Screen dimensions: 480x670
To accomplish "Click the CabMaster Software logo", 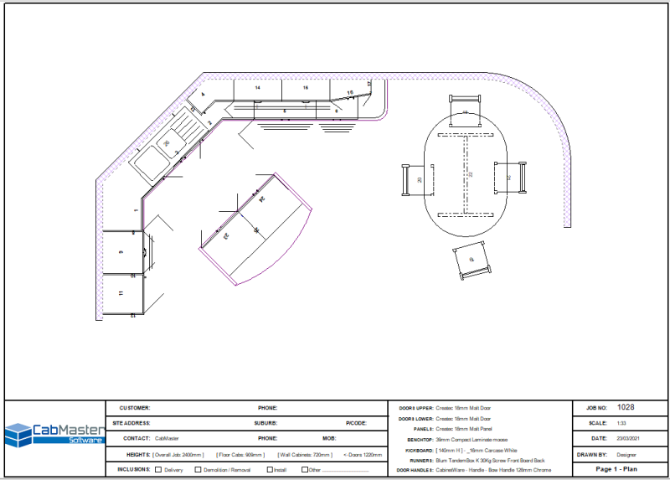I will [x=54, y=433].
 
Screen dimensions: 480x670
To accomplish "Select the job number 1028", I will [x=625, y=407].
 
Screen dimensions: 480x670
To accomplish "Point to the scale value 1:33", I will [x=621, y=423].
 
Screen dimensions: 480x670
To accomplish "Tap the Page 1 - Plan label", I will [x=616, y=469].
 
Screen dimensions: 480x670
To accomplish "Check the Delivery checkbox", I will [x=157, y=470].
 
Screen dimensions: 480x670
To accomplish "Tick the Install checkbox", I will [x=269, y=470].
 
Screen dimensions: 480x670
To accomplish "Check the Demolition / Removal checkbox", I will [x=198, y=470].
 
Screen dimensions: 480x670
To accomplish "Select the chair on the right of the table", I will [x=510, y=176].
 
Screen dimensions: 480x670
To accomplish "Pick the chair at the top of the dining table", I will [x=463, y=109].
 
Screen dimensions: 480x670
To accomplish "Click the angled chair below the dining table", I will [x=471, y=262].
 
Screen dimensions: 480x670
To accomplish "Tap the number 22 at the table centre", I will [x=470, y=174].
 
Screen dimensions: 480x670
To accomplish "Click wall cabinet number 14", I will [x=257, y=88].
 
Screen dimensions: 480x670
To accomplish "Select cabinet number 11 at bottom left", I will [x=121, y=294].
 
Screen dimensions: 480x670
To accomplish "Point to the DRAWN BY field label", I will [x=593, y=454].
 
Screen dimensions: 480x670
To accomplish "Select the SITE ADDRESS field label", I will [x=131, y=423].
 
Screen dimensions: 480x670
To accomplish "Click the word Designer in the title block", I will [x=626, y=454].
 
